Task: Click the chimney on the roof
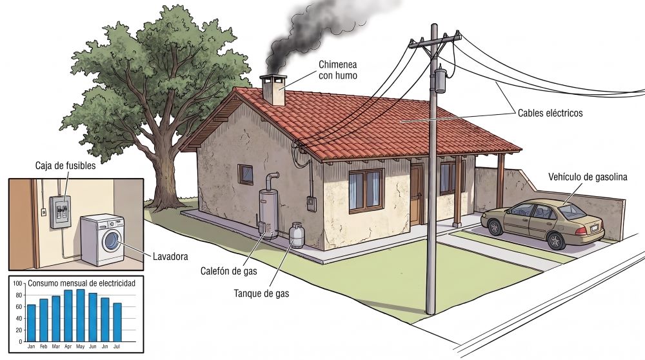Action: (x=273, y=90)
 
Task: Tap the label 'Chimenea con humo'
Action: (x=338, y=70)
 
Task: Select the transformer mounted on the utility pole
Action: (x=441, y=80)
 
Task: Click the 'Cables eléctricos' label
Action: (x=550, y=113)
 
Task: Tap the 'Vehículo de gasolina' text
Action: (x=588, y=177)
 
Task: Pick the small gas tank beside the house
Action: (x=297, y=235)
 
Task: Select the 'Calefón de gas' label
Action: (x=229, y=271)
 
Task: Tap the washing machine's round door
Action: (x=112, y=241)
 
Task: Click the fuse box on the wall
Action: (x=60, y=212)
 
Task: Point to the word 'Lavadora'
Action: (x=170, y=256)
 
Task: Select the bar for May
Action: (x=81, y=315)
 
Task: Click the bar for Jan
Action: (x=31, y=323)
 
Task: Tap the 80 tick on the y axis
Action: (x=19, y=295)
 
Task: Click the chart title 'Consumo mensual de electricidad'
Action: (x=81, y=283)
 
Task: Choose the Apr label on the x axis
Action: (x=68, y=346)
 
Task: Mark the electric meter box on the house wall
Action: (x=312, y=204)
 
